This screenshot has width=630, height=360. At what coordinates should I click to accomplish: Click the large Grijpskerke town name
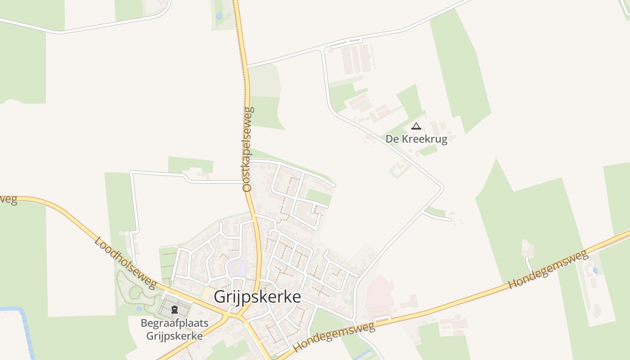257,297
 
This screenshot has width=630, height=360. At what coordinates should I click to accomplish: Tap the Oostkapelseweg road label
248,149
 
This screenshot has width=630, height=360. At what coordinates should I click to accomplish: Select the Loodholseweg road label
125,262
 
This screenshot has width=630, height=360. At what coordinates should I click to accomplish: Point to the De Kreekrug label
416,139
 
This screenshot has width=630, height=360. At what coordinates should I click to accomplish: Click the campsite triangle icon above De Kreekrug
416,126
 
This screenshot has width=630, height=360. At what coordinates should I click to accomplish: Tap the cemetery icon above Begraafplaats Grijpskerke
175,310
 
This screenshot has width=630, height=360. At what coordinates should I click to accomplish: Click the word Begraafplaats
171,323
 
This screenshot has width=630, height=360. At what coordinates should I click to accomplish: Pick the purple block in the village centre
237,269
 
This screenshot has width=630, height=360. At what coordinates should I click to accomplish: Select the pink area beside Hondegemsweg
380,292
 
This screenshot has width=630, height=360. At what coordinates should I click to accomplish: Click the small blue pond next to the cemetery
139,309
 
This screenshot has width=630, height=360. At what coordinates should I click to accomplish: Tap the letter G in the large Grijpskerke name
220,297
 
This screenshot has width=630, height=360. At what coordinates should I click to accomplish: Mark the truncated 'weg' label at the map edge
8,199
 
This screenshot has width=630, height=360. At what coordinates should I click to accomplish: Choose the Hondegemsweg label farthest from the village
548,270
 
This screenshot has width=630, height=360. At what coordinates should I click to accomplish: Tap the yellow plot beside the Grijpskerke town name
208,294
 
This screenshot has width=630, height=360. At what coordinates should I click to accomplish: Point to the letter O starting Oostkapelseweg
247,187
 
